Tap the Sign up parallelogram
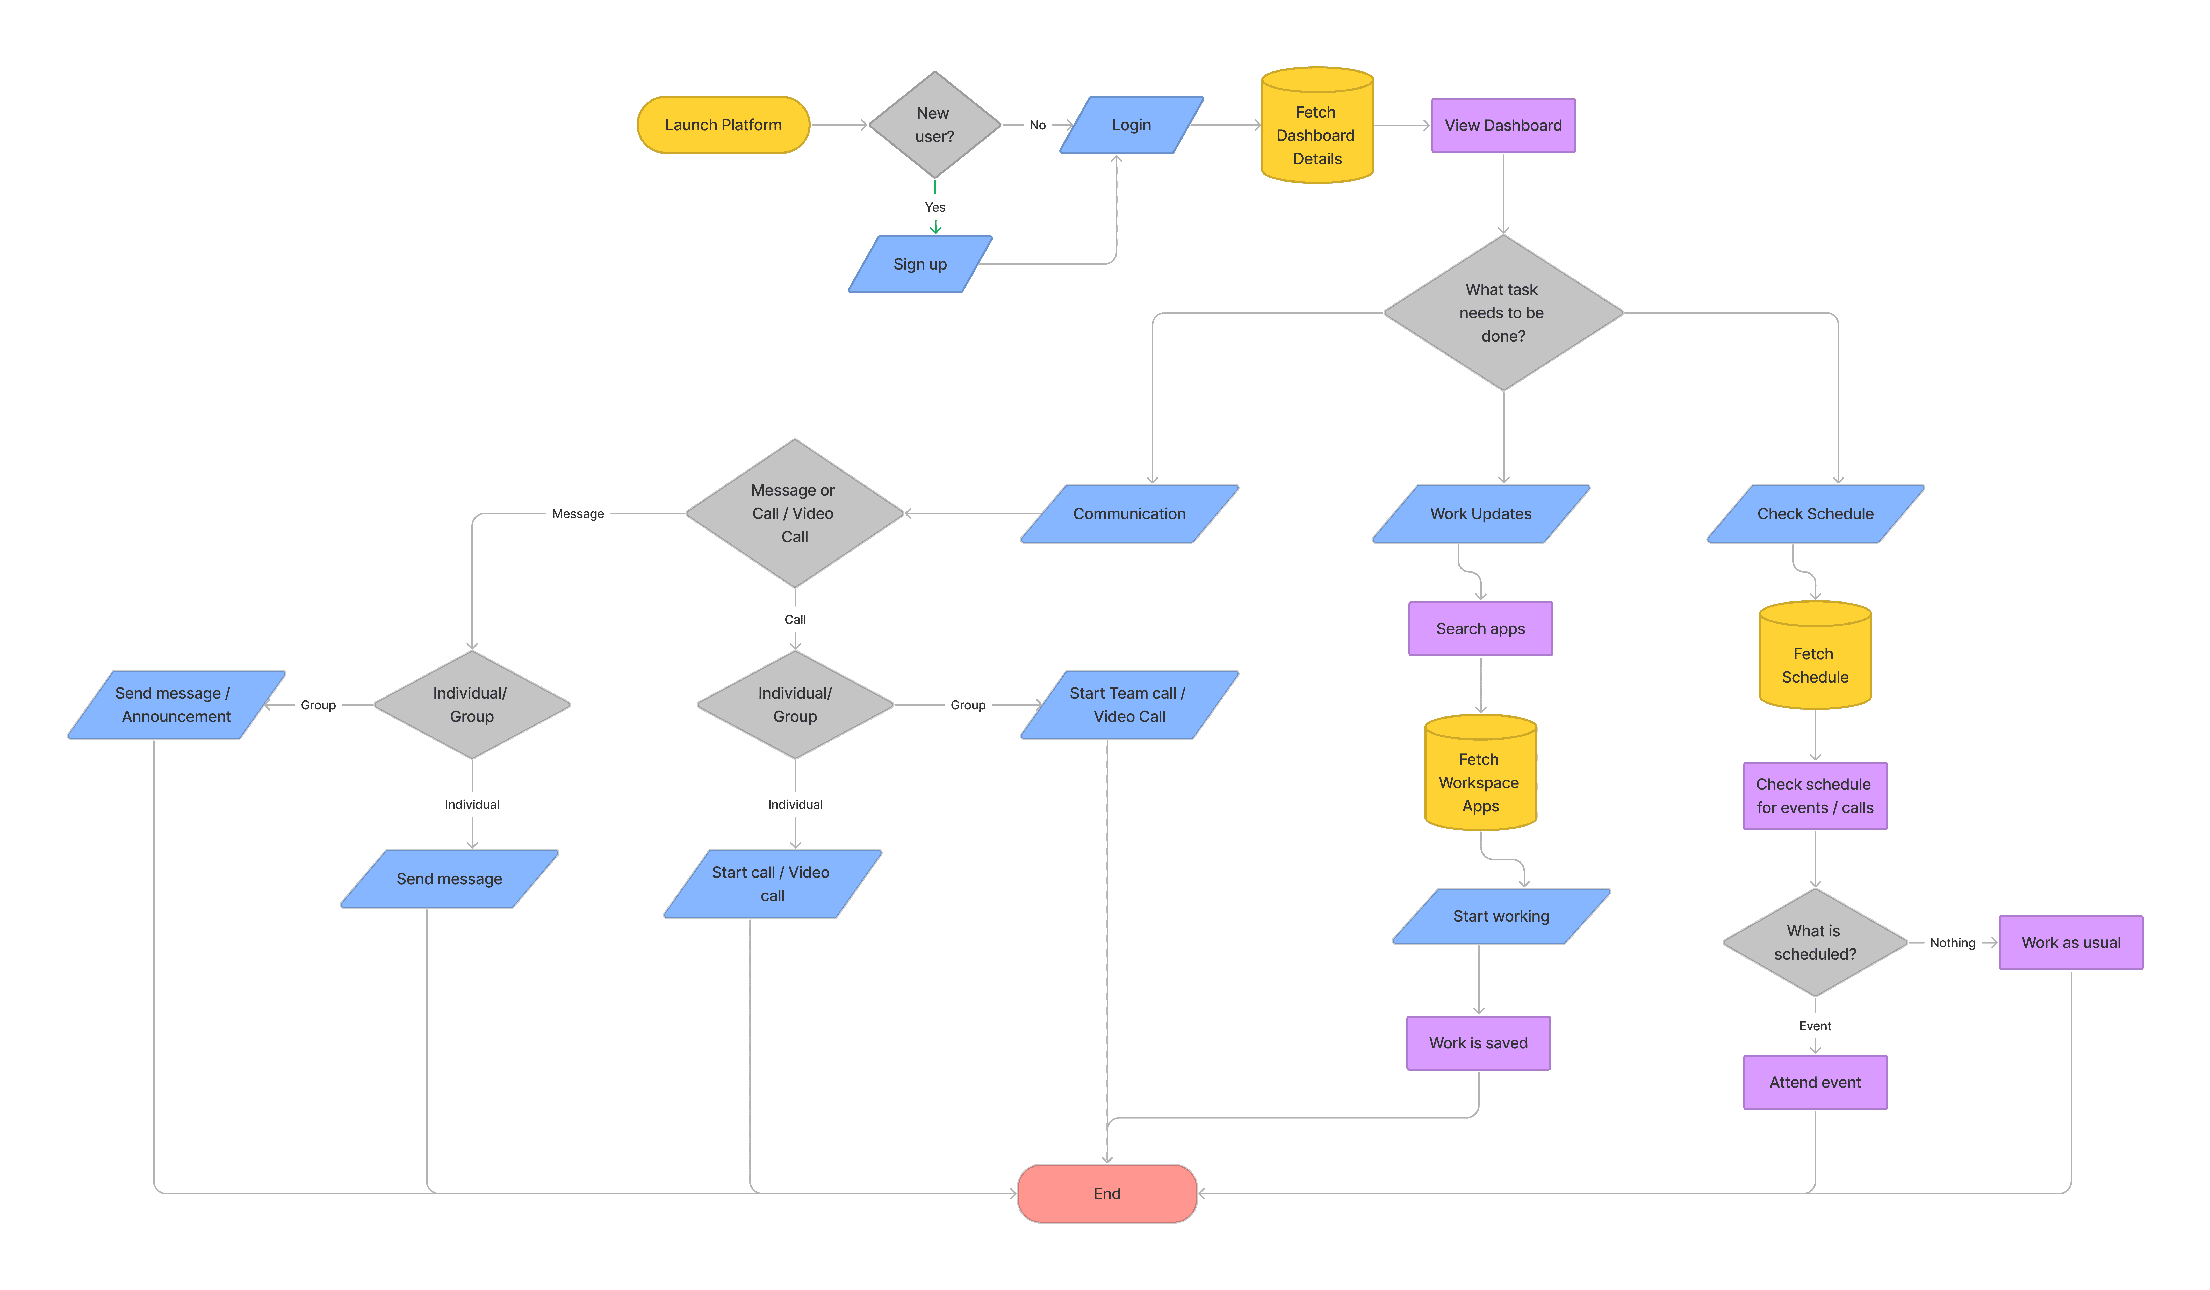(x=920, y=264)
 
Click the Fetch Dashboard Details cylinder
(x=1316, y=132)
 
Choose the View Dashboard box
(x=1502, y=125)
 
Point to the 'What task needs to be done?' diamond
(x=1502, y=313)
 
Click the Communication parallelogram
(x=1129, y=514)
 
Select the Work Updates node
(x=1480, y=514)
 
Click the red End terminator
(x=1107, y=1193)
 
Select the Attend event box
(x=1815, y=1082)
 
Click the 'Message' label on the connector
(x=577, y=514)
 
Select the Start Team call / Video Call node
(x=1129, y=705)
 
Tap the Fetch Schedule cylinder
(x=1815, y=660)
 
